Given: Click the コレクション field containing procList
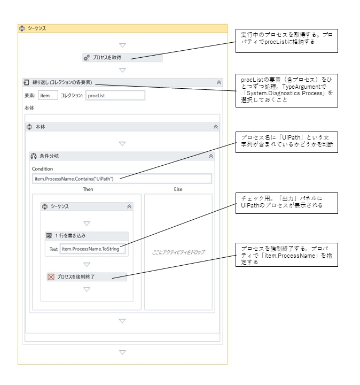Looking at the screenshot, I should click(115, 95).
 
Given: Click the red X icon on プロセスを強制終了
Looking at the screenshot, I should click(51, 277).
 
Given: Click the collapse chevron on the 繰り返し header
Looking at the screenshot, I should click(218, 82).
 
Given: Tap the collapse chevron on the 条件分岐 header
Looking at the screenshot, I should click(211, 156).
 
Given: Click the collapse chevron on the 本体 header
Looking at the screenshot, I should click(215, 127).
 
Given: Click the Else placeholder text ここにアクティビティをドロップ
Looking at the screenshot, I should click(178, 252).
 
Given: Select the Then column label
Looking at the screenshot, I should click(88, 189).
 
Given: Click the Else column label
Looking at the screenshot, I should click(178, 189).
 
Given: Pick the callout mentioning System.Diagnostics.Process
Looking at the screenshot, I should click(287, 90).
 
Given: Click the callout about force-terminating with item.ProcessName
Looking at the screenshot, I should click(287, 254).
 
